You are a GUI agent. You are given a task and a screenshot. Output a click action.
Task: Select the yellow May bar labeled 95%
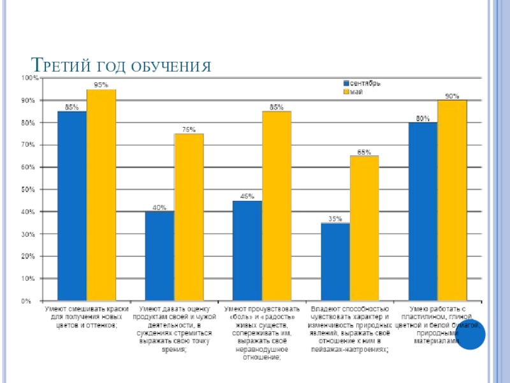[101, 195]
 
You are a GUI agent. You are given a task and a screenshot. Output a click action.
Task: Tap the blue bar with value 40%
[159, 255]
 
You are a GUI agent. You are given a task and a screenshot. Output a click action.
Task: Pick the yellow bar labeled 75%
[189, 217]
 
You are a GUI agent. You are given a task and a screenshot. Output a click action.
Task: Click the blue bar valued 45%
[247, 250]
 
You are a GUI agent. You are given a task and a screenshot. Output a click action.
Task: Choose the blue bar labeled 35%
[335, 262]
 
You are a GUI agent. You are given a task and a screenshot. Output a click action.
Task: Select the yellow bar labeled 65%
[364, 228]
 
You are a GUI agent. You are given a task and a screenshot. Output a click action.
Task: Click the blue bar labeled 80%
[423, 211]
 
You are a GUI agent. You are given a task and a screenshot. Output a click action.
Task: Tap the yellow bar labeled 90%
[452, 200]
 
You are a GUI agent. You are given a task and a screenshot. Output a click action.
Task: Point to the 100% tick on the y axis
[30, 78]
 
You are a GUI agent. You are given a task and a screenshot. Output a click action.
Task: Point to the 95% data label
[101, 84]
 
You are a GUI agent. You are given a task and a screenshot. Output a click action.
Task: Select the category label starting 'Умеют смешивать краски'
[86, 317]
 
